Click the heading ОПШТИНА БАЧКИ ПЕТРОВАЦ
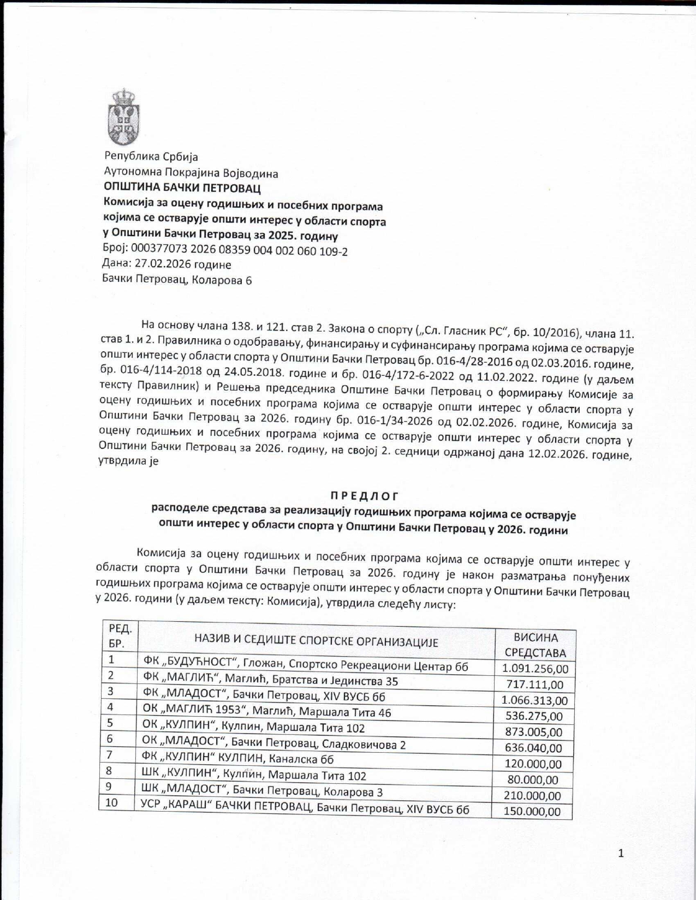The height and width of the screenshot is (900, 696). pyautogui.click(x=182, y=188)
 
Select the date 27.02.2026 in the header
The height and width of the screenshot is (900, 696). pyautogui.click(x=166, y=265)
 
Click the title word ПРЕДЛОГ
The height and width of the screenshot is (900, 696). pyautogui.click(x=365, y=496)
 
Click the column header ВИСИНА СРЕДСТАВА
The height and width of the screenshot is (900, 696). pyautogui.click(x=535, y=645)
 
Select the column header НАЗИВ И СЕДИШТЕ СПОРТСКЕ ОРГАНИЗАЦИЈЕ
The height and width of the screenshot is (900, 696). pyautogui.click(x=316, y=641)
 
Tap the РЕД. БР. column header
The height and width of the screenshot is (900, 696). pyautogui.click(x=120, y=636)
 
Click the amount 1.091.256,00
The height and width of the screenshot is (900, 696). pyautogui.click(x=535, y=669)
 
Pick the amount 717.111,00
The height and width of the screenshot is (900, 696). pyautogui.click(x=535, y=685)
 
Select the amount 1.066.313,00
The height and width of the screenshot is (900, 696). pyautogui.click(x=534, y=700)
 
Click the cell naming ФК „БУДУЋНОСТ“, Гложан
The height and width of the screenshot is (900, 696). pyautogui.click(x=305, y=665)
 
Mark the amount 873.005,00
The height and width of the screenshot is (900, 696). pyautogui.click(x=534, y=732)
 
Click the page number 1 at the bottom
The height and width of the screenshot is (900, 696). pyautogui.click(x=621, y=854)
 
